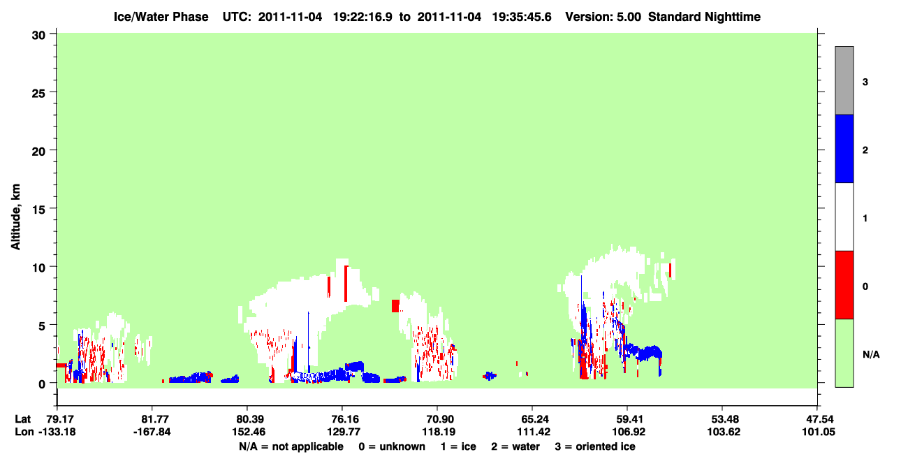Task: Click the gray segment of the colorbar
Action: (x=844, y=80)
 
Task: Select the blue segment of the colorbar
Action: (x=844, y=148)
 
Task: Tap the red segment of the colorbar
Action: (x=844, y=285)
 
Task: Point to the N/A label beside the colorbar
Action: (x=871, y=354)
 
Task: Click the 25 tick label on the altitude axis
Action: (x=38, y=94)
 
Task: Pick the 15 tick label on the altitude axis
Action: (x=38, y=210)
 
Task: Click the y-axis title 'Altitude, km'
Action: (x=15, y=217)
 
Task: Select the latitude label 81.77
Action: (x=152, y=419)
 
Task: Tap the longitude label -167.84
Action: (x=152, y=432)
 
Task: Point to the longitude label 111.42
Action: (x=534, y=432)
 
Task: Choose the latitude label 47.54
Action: (x=819, y=419)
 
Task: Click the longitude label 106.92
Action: (x=629, y=432)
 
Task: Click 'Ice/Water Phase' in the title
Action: (x=161, y=17)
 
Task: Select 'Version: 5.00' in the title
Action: (x=603, y=17)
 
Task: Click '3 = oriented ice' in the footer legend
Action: (x=595, y=446)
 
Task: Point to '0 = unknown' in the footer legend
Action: (x=392, y=446)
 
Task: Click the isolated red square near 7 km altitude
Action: (x=395, y=306)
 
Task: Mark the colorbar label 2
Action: (x=865, y=150)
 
